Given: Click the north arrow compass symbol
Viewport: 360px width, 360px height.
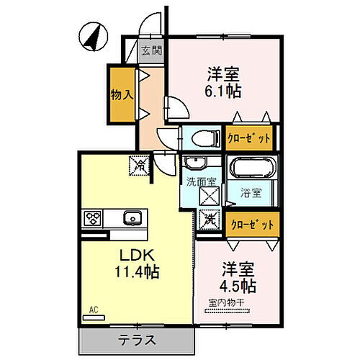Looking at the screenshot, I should point(92,36).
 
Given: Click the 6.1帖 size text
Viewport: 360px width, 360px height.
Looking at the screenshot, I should point(224,91).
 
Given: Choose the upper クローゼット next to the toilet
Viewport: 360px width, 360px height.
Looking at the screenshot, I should point(249,137).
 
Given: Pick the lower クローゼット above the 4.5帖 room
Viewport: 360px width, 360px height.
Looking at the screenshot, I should point(252,225).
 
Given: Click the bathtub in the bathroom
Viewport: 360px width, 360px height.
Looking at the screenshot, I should point(252,171).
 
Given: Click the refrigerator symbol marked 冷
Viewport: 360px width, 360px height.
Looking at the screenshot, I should point(139,166).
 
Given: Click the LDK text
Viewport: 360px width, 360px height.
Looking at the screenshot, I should point(133,256).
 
